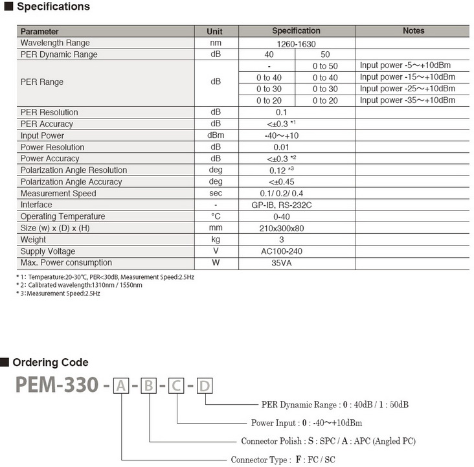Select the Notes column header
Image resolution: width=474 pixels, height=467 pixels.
413,30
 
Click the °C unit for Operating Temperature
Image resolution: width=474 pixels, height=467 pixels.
215,216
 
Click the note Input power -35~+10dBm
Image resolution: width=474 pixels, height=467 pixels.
407,100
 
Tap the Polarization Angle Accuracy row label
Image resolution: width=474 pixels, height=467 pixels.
71,182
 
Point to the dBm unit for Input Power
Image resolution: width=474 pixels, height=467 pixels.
215,135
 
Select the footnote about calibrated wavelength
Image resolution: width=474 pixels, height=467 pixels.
79,285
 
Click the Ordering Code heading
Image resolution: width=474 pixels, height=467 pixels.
51,362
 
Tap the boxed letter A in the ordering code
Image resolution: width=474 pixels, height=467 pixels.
120,387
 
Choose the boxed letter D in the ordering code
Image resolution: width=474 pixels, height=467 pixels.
204,387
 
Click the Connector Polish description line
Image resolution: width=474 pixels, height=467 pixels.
328,441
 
